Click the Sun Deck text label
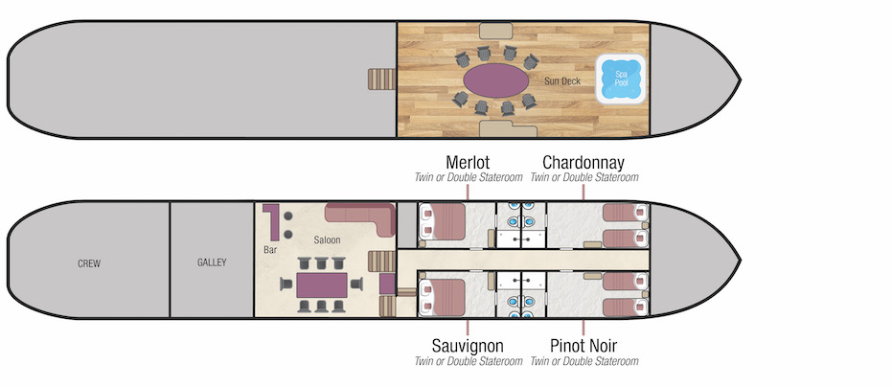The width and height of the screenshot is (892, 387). coord(561,81)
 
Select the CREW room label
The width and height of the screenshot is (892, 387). coord(89,262)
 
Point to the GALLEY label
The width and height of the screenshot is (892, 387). coord(212,262)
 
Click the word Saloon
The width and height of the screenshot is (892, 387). coord(328,239)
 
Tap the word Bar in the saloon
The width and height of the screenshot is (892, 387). coord(270,250)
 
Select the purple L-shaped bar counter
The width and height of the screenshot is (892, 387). coord(272,221)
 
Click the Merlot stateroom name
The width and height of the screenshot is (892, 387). coord(469,161)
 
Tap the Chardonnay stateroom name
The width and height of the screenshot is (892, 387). coord(584,161)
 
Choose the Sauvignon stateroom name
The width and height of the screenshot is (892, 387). coord(469,345)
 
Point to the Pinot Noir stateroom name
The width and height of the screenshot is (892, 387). coord(584,345)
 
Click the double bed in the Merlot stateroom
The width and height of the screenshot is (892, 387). coord(443,222)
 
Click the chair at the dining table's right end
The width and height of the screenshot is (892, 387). coord(359,283)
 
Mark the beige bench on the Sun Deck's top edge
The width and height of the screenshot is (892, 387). coord(495,31)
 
